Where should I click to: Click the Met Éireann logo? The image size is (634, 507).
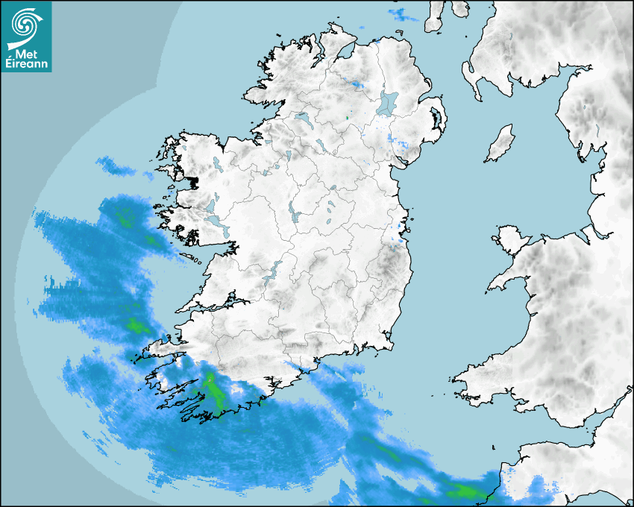coord(26,37)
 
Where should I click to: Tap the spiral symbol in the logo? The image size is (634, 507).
coord(26,25)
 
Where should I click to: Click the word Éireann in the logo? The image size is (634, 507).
coord(26,63)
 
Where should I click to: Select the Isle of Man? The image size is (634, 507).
coord(500,144)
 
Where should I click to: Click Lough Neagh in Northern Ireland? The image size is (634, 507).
coord(388,102)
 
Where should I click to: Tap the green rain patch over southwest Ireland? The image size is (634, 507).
coord(213,391)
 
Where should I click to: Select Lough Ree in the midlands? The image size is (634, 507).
coord(294,215)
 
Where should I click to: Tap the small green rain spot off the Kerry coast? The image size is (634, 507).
coord(136,325)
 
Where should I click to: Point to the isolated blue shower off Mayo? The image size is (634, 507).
coord(115,166)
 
